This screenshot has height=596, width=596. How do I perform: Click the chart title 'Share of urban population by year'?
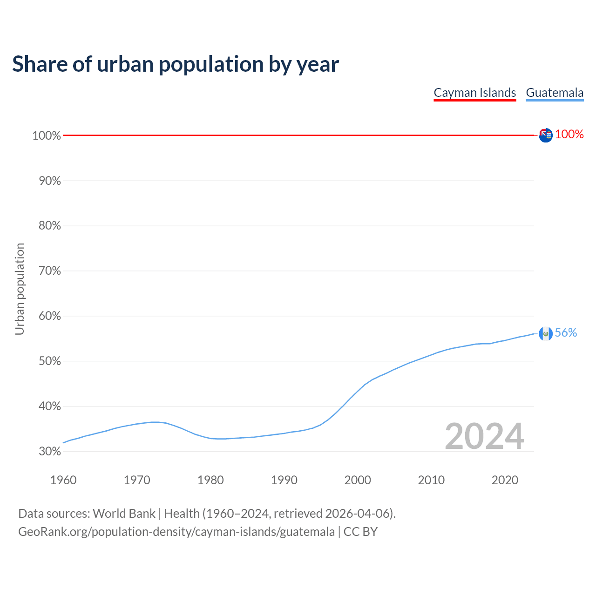(176, 64)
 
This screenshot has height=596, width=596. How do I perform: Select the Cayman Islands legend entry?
(474, 93)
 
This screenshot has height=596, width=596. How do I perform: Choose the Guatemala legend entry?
(555, 93)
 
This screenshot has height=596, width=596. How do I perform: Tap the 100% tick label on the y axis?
(47, 135)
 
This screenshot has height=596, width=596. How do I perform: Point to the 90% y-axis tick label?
(49, 181)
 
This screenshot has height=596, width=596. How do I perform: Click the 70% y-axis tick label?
(49, 271)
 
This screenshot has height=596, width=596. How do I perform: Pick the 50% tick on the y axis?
(49, 361)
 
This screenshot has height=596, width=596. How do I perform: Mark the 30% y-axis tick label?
(49, 451)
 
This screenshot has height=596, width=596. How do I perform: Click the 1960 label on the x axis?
(63, 480)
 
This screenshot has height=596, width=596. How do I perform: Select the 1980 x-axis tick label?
(210, 480)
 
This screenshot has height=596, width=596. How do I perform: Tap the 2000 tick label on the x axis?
(358, 480)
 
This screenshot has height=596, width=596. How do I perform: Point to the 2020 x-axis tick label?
(505, 480)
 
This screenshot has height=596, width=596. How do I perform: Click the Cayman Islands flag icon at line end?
(546, 135)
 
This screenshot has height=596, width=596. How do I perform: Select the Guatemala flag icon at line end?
(546, 333)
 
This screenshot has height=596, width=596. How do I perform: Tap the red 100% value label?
(569, 135)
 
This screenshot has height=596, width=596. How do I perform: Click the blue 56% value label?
(566, 332)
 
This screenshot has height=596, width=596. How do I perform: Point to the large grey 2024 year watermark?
(484, 436)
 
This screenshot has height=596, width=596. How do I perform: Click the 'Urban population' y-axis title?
(20, 289)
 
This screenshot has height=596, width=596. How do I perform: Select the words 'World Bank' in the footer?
(124, 514)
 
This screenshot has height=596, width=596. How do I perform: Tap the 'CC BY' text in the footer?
(360, 532)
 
